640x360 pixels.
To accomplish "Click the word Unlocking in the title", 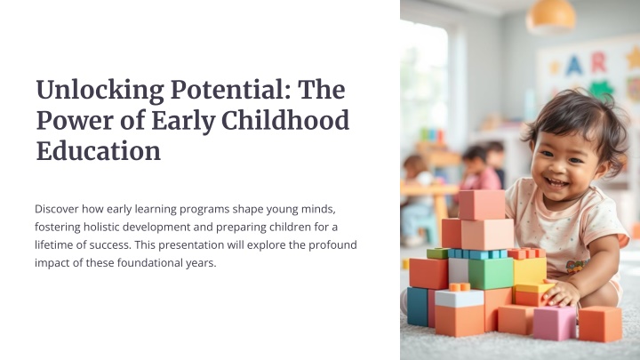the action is (x=100, y=91).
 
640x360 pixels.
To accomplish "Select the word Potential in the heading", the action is (x=230, y=90).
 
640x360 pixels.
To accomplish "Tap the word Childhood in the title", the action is (x=285, y=120).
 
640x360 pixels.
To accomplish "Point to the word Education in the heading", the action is (x=99, y=151).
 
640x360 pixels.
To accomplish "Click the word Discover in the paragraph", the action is (x=56, y=209).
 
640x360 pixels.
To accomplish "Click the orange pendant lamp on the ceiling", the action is (x=550, y=16).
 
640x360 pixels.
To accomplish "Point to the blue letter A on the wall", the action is (x=573, y=65).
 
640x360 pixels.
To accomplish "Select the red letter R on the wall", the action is (x=598, y=62).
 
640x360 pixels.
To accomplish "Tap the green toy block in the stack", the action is (x=491, y=274).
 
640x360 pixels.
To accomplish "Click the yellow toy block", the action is (x=530, y=270).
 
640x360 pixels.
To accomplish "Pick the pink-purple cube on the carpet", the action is (x=555, y=324).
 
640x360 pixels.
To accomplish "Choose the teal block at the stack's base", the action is (x=417, y=306).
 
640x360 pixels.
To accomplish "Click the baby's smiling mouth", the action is (x=556, y=182).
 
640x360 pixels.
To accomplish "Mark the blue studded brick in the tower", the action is (x=477, y=254).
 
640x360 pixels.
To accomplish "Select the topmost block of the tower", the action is (x=482, y=204).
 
